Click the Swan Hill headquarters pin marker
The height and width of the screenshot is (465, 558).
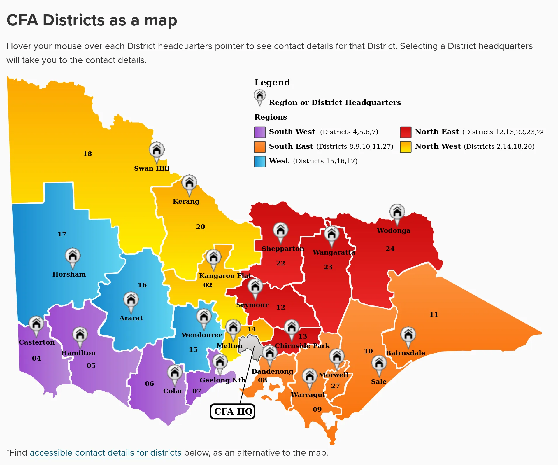pos(157,151)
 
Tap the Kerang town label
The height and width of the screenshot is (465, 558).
pos(186,201)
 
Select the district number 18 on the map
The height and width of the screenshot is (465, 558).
pos(87,154)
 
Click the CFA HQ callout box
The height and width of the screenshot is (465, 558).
pos(233,411)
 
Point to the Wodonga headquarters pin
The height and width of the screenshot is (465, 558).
pos(397,212)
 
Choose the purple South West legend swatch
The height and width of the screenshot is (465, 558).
pos(259,132)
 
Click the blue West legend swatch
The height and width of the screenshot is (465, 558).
pos(259,161)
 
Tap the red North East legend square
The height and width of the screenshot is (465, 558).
pos(406,132)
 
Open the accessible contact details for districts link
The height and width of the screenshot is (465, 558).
pos(106,453)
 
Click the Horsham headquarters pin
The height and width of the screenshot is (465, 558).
pos(73,256)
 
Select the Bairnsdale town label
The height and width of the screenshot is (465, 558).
pos(405,353)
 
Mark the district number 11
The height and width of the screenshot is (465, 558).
pos(434,314)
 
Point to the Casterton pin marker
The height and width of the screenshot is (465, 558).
pos(36,324)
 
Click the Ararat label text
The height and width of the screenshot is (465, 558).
pos(131,318)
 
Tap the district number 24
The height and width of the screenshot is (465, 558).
pos(390,249)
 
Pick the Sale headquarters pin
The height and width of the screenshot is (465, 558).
pos(379,363)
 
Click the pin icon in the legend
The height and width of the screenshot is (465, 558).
pos(259,96)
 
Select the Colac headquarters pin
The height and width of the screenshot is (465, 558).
pos(175,373)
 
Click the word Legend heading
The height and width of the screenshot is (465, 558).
pos(272,83)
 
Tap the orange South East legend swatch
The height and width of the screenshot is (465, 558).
pos(259,147)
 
